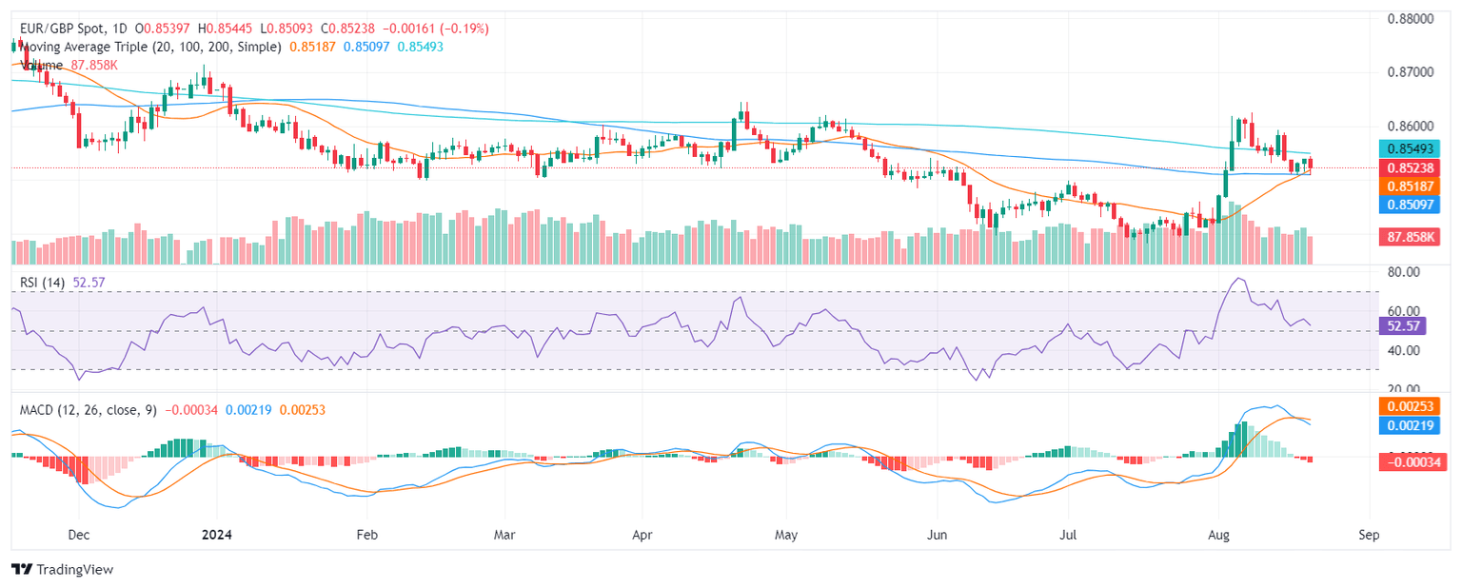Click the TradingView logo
point(62,569)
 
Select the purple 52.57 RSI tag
point(1402,325)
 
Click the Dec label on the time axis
point(79,535)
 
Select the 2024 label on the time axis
point(216,535)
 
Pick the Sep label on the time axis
point(1368,535)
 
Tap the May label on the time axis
point(786,535)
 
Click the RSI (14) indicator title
point(42,282)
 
